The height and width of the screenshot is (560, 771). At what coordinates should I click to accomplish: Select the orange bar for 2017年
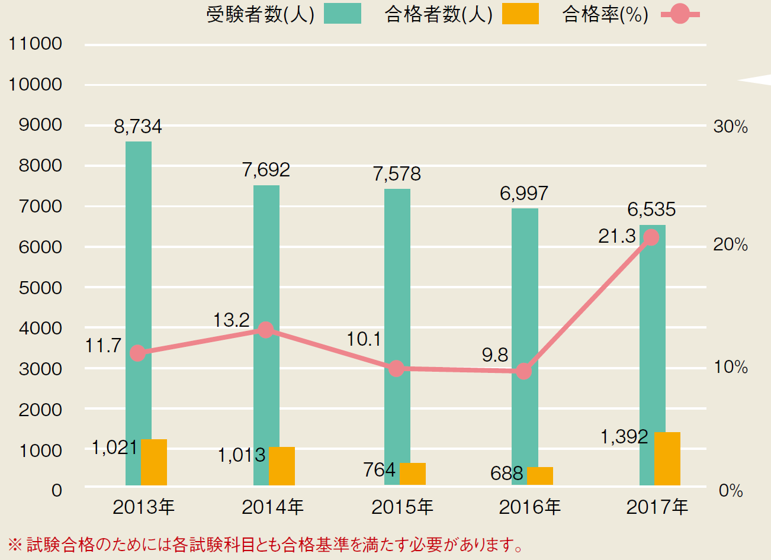pos(667,459)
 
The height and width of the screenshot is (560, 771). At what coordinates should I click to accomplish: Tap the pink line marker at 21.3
pos(651,237)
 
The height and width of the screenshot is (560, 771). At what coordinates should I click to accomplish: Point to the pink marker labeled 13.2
pos(266,330)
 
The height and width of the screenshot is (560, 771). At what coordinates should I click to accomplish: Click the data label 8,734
pos(138,127)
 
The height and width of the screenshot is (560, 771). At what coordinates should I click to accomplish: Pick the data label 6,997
pos(524,194)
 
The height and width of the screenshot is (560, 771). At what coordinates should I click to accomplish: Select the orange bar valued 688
pos(539,476)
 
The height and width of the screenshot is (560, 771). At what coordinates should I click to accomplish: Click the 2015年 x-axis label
pos(402,507)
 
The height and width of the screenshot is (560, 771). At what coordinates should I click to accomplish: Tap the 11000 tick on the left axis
pos(36,44)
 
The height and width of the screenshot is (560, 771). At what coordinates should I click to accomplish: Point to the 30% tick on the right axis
pos(730,127)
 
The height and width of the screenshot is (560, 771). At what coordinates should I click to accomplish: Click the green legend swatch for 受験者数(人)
pos(342,14)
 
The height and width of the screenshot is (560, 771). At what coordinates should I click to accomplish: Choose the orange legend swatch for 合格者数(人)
pos(520,14)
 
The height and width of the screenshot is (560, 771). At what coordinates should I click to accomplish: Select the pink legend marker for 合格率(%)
pos(680,14)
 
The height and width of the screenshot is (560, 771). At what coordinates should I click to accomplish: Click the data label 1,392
pos(624,437)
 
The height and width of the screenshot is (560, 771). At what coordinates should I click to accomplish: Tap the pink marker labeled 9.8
pos(523,371)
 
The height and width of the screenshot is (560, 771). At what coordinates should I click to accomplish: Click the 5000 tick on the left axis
pos(40,288)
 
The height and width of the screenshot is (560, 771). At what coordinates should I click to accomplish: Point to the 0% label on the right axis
pos(730,491)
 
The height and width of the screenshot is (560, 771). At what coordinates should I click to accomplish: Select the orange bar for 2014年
pos(282,466)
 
